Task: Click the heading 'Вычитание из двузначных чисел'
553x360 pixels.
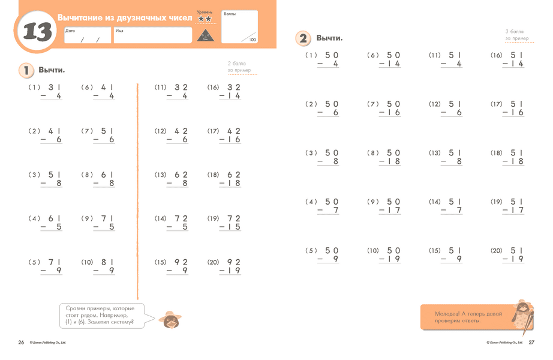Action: pos(125,19)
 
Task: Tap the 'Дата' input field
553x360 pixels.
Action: pos(88,35)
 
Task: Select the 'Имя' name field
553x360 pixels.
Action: pos(152,35)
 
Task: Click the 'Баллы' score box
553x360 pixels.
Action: pos(239,27)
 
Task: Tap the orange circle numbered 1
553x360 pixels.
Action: pos(26,70)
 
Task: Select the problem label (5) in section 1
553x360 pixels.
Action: pos(34,263)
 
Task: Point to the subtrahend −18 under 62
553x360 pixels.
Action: pos(230,184)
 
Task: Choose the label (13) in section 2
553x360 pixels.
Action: pos(434,153)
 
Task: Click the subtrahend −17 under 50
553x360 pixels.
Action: pos(390,211)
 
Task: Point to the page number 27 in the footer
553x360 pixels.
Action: pos(531,343)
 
